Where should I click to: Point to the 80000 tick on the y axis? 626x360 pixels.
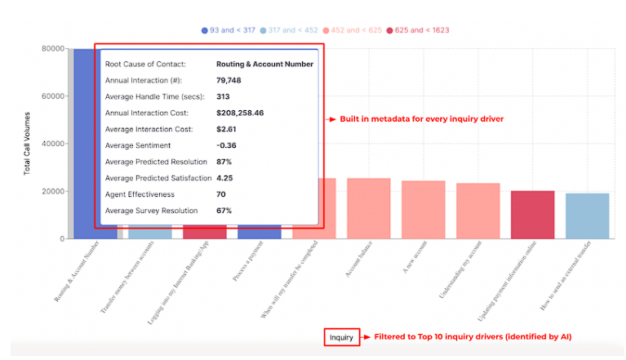point(52,48)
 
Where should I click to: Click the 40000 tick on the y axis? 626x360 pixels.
point(52,144)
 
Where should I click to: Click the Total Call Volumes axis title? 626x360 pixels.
point(28,144)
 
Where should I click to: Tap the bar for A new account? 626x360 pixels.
point(423,210)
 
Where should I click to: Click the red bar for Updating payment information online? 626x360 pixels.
point(532,215)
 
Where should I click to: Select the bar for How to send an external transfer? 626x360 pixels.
point(587,216)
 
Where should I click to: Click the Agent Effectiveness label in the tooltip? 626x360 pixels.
point(140,194)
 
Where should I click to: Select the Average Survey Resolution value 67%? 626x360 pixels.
point(224,211)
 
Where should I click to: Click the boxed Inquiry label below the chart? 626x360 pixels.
point(341,337)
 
